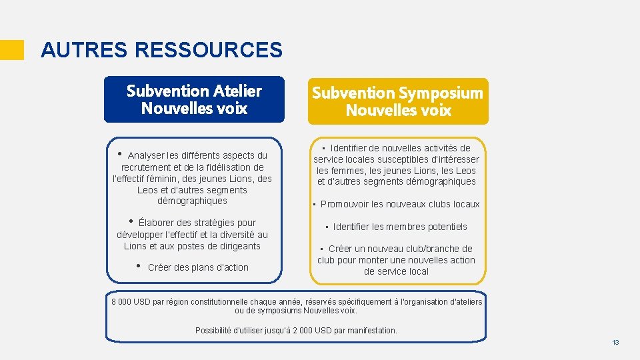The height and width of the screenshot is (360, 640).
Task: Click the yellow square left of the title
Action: (11, 50)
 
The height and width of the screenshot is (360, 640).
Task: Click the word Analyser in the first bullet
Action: (147, 155)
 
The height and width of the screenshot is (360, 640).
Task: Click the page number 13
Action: (615, 342)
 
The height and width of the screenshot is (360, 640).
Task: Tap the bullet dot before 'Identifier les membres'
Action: (327, 227)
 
